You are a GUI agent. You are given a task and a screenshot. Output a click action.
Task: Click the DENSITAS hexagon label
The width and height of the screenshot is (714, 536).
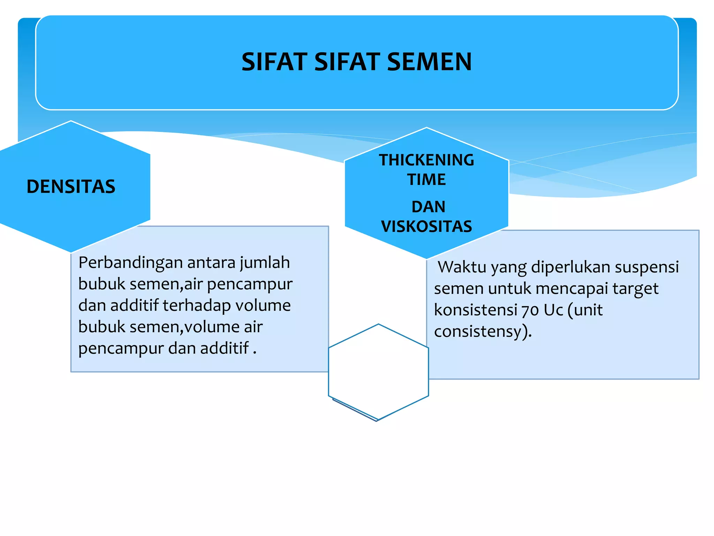(x=71, y=186)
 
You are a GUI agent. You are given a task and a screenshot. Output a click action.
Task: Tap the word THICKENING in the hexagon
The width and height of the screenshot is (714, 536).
(x=426, y=160)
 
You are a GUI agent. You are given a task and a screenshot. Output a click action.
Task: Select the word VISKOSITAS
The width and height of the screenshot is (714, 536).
(x=426, y=226)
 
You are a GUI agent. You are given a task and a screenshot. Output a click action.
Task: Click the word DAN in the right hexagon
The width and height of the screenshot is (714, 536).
(x=428, y=207)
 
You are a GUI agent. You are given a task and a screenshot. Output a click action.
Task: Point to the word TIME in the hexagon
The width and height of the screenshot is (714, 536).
(x=426, y=180)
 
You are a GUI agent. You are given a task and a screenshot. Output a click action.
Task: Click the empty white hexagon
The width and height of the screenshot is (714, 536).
(x=378, y=372)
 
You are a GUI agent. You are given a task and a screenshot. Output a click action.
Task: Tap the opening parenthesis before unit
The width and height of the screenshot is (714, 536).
(x=570, y=310)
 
